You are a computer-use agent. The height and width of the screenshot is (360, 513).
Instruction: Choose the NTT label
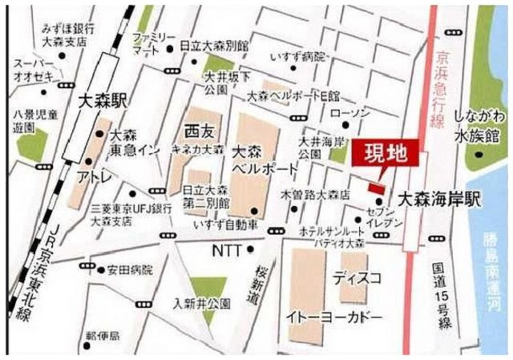[227, 251]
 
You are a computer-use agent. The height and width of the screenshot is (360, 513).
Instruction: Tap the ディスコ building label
[353, 279]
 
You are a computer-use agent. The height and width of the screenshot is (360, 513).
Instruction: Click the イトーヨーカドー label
[334, 318]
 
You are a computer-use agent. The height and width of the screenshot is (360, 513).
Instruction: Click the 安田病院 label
[130, 270]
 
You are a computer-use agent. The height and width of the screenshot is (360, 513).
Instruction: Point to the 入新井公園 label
[203, 302]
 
